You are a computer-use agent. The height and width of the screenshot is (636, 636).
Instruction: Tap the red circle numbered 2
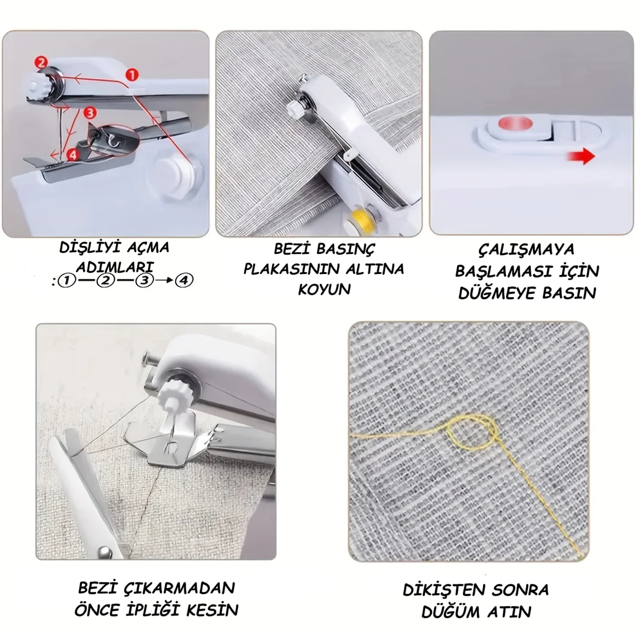tap(42, 63)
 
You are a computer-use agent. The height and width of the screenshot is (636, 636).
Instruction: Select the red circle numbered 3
tap(90, 113)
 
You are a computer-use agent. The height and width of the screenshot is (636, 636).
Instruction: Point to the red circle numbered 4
tap(73, 154)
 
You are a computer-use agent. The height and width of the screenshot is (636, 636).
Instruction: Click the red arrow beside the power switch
tap(581, 156)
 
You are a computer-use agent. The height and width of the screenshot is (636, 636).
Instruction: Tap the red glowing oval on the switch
tap(515, 124)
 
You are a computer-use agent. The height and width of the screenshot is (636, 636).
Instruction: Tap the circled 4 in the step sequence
tap(184, 281)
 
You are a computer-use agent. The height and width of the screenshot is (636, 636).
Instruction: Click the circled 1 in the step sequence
tap(66, 281)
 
